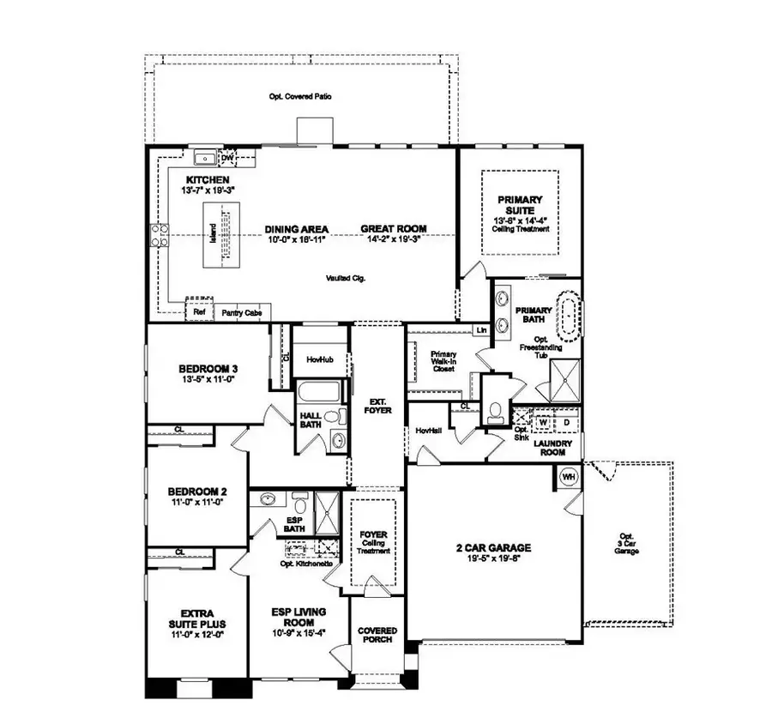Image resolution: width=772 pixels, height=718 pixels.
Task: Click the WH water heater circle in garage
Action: point(568,476)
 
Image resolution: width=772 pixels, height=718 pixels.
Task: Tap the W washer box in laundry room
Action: point(543,422)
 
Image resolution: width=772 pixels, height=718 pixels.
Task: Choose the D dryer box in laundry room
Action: point(565,422)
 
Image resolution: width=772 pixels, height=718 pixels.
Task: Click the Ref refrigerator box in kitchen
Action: point(199,312)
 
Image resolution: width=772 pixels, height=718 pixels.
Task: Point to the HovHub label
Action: point(319,361)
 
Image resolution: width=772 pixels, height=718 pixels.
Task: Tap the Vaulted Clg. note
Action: point(347,278)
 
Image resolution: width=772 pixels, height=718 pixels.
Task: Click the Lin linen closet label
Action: point(481,329)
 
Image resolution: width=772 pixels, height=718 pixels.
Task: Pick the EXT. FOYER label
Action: point(378,406)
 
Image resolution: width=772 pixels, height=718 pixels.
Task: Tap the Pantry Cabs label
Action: point(241,313)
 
